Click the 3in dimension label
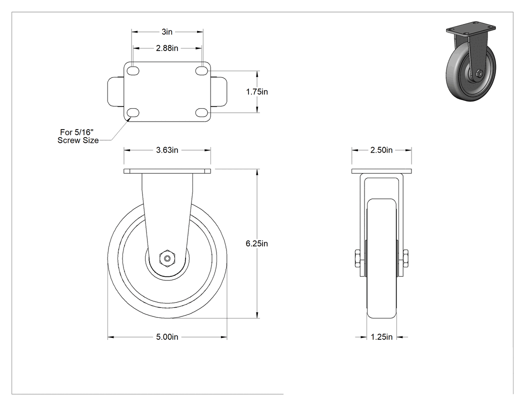coord(167,32)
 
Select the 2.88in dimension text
coord(167,48)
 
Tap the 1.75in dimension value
coord(257,92)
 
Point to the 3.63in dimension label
coord(167,150)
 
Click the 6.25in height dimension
coord(257,243)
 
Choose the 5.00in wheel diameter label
coord(167,337)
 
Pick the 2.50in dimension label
coord(381,150)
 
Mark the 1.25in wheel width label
coord(381,337)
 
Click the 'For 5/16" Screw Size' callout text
coord(78,136)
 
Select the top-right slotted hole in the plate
coord(202,71)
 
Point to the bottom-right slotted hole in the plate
coord(202,113)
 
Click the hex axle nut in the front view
coord(167,258)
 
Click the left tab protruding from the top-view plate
coord(116,92)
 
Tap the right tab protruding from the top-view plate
coord(218,92)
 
